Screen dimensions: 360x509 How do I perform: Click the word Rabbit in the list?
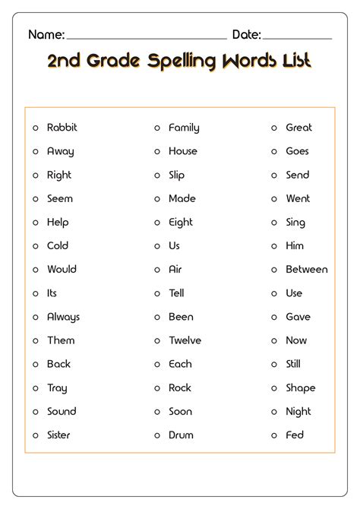[62, 128]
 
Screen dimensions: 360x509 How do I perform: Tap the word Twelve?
[185, 340]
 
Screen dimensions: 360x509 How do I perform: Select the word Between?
[306, 269]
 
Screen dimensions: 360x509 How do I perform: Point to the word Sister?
[58, 435]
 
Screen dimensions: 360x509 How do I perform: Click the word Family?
[184, 128]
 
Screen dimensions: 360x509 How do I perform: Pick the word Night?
[298, 411]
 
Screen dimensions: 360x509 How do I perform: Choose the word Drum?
[181, 435]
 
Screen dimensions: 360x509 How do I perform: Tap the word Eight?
[181, 222]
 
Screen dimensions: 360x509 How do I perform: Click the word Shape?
[300, 387]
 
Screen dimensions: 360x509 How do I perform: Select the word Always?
[63, 317]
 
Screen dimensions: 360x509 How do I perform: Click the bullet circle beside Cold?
[35, 246]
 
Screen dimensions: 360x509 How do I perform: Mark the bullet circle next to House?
[157, 152]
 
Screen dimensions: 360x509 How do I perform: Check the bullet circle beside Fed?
[274, 435]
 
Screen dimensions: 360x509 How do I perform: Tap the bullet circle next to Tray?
[35, 388]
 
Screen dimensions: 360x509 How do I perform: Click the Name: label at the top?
[46, 34]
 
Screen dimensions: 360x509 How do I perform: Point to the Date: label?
[246, 34]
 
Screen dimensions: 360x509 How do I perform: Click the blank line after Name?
[147, 37]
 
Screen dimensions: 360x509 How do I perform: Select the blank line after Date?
[297, 37]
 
